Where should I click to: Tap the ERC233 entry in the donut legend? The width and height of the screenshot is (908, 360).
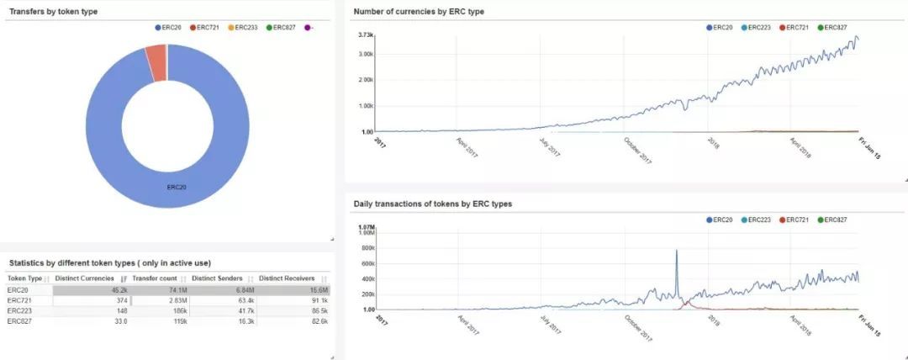243,28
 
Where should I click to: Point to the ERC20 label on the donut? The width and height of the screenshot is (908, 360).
177,188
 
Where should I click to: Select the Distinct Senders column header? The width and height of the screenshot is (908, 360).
217,278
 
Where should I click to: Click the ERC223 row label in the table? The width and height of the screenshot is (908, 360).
19,310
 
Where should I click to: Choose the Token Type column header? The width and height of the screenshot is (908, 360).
24,278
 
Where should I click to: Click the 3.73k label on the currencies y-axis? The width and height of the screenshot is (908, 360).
365,34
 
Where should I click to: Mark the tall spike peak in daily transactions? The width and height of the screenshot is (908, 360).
676,251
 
